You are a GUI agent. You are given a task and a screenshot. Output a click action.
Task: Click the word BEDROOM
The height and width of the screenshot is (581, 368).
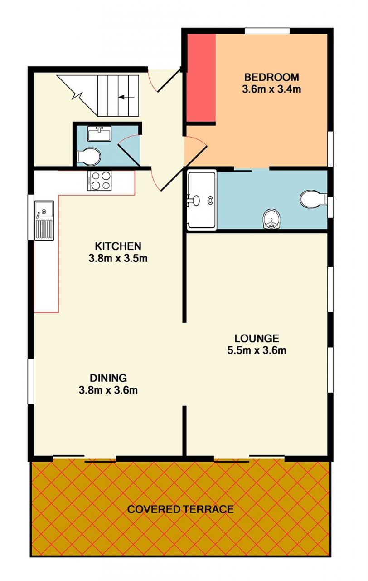pyautogui.click(x=271, y=77)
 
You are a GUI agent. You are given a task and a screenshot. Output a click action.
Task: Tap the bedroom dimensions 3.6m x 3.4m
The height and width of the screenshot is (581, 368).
pyautogui.click(x=271, y=89)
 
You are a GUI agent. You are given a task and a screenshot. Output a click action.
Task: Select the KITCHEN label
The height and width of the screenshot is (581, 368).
pyautogui.click(x=118, y=246)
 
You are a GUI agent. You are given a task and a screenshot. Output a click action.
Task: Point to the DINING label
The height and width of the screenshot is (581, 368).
pyautogui.click(x=108, y=378)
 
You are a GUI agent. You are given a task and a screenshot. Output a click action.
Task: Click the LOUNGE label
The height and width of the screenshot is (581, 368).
pyautogui.click(x=257, y=338)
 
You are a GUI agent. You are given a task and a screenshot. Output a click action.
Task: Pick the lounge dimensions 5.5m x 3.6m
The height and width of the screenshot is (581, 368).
pyautogui.click(x=257, y=351)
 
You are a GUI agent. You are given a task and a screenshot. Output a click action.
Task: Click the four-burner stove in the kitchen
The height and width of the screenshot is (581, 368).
pyautogui.click(x=99, y=181)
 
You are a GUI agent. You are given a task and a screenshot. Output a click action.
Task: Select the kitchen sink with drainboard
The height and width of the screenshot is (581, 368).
pyautogui.click(x=44, y=220)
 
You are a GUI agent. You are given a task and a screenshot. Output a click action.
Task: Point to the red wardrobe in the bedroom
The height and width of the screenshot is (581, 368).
pyautogui.click(x=201, y=78)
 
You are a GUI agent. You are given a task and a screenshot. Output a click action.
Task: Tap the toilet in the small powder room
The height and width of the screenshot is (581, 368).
pyautogui.click(x=88, y=157)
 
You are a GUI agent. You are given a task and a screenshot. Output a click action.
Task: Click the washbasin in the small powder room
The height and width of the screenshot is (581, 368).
pyautogui.click(x=99, y=133)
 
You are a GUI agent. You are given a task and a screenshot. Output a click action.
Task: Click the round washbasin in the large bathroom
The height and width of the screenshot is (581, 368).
pyautogui.click(x=271, y=219)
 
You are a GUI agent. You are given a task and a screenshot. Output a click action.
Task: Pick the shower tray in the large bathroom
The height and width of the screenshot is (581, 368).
pyautogui.click(x=202, y=200)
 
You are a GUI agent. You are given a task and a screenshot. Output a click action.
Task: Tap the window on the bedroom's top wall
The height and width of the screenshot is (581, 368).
pyautogui.click(x=267, y=31)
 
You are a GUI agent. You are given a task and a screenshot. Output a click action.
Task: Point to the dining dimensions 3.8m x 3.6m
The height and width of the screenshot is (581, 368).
pyautogui.click(x=108, y=390)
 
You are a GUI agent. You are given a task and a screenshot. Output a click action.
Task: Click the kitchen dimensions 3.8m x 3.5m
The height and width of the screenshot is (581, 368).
pyautogui.click(x=118, y=258)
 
